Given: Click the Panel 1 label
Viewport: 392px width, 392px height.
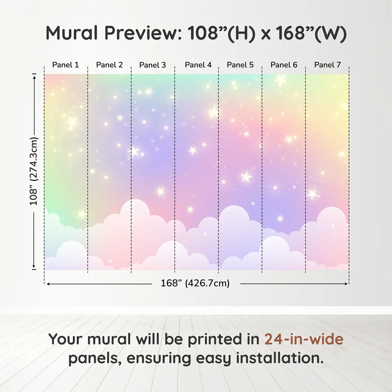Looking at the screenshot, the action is tap(65, 65).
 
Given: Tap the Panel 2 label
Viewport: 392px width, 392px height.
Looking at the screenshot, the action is tap(109, 65).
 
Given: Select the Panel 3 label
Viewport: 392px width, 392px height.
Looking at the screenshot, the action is tap(153, 65).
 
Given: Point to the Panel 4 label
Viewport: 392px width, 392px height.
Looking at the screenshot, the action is tap(198, 65).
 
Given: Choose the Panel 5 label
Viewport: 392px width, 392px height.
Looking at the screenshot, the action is tap(240, 65).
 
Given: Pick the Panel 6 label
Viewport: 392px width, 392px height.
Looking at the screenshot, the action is tap(284, 65).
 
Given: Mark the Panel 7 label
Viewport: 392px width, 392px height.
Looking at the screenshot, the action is tap(327, 65).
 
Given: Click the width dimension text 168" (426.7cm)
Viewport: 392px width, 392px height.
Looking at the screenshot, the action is tap(195, 283).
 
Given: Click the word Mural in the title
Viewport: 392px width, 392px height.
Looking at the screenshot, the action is tap(72, 33).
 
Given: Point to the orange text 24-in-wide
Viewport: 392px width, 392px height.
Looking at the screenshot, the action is tap(304, 339).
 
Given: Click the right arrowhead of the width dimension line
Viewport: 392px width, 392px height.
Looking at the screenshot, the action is tap(346, 284).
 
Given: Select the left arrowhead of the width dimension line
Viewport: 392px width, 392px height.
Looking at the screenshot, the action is tap(48, 284).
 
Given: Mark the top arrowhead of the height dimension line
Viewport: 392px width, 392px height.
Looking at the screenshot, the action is tap(34, 77).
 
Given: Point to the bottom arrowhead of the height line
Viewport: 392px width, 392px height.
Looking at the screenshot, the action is tap(34, 267).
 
